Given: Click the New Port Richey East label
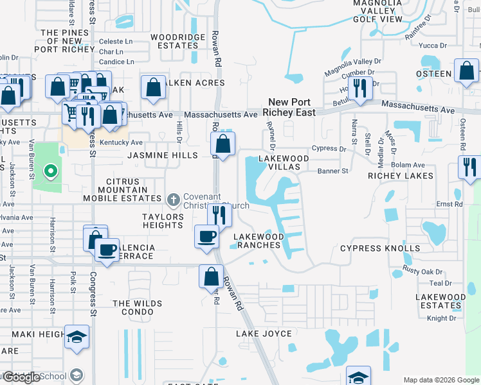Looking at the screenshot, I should coord(291,107).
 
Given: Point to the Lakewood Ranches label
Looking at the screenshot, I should coord(259,241).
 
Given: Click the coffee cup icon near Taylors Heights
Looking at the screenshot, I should coord(207,237).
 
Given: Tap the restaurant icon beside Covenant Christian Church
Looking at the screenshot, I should coord(220,215).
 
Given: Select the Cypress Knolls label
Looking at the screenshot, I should coord(380,248).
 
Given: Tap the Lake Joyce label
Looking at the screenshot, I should coord(264,334).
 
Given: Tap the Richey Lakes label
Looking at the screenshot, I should coord(401,175).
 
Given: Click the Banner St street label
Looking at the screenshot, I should coord(332,171).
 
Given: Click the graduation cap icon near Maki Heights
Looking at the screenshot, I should coord(77,337).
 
